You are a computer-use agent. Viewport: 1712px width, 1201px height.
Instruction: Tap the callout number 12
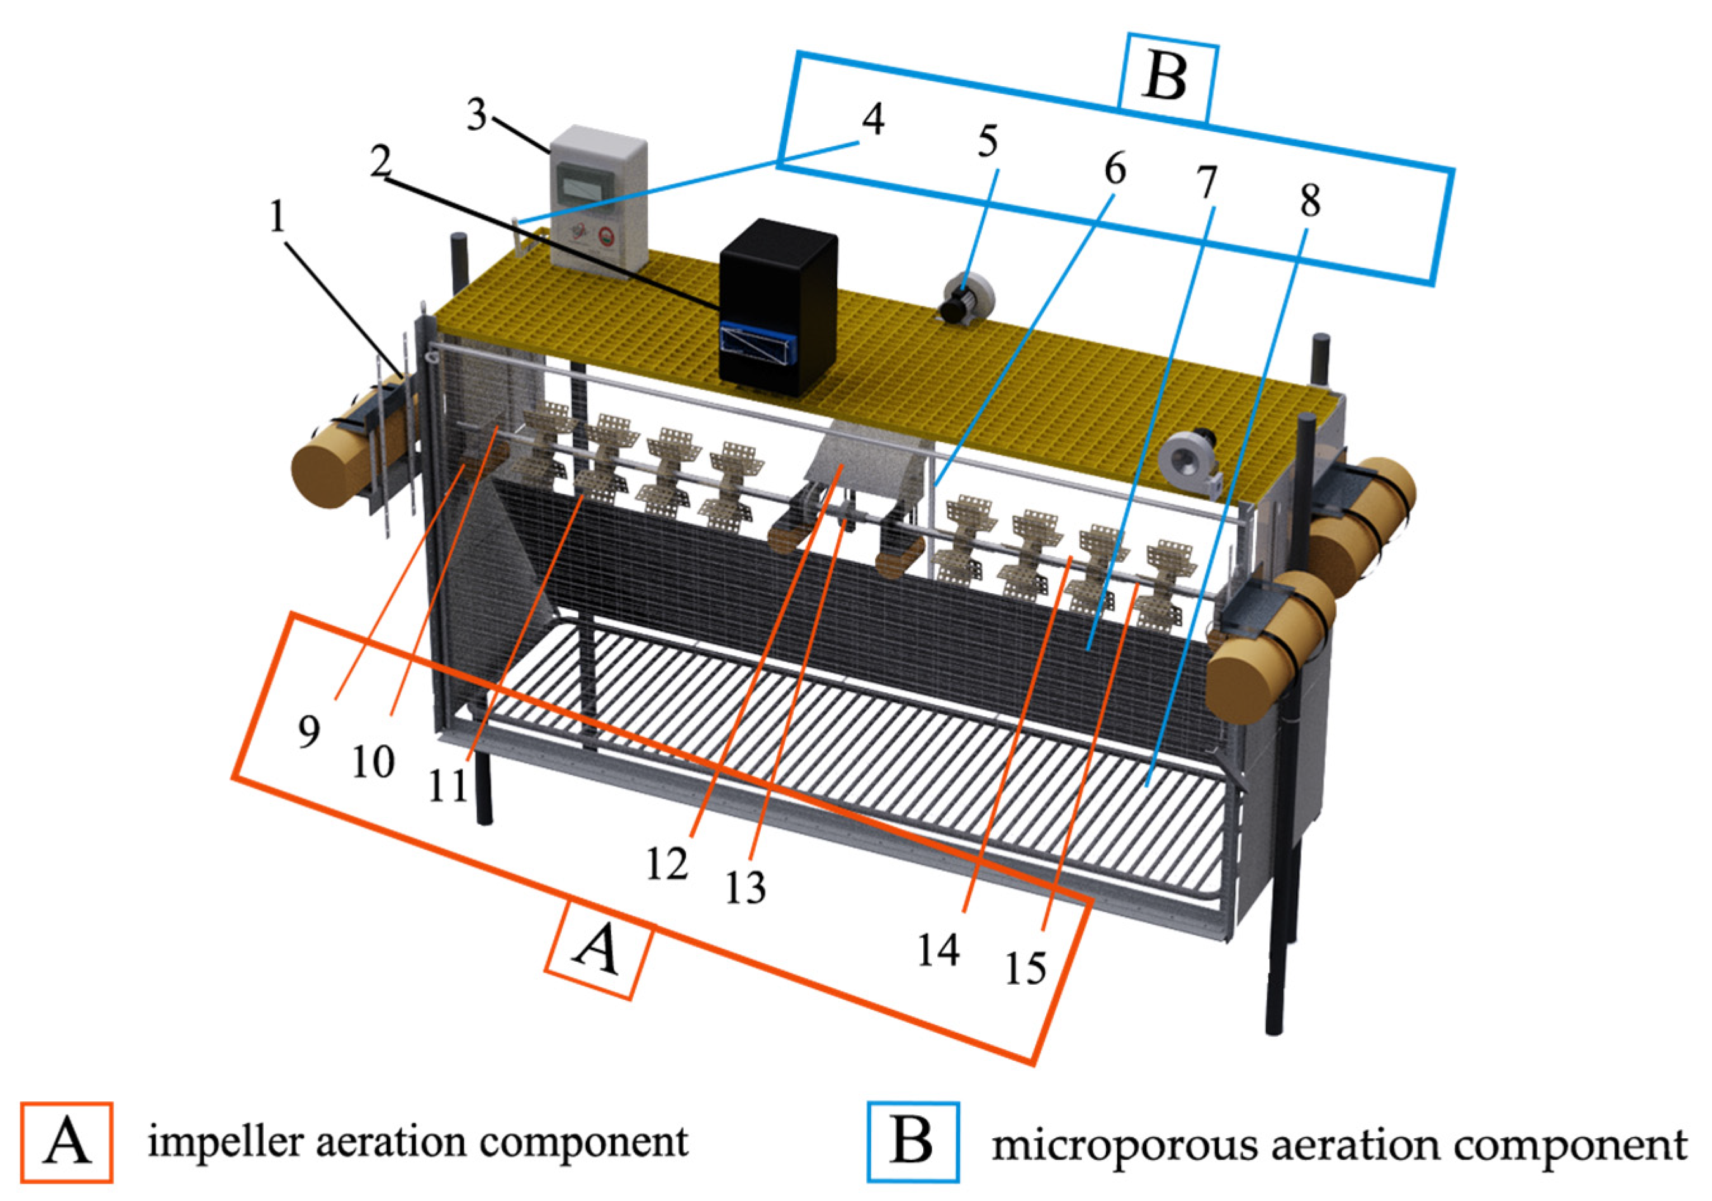[666, 865]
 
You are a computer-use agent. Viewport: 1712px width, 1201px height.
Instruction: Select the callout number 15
[1026, 968]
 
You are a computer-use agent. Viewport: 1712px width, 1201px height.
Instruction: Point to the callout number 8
[1309, 200]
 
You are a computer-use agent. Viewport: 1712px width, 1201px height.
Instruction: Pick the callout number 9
[309, 732]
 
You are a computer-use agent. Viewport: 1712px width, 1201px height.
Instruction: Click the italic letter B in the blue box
[1165, 77]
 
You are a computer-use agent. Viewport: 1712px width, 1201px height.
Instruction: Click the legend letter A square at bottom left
[67, 1142]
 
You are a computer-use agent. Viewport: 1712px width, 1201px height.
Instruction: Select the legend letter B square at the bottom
[912, 1142]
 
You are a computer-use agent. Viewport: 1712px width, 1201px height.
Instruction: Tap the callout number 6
[1114, 169]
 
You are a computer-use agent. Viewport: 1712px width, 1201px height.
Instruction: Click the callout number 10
[373, 761]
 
